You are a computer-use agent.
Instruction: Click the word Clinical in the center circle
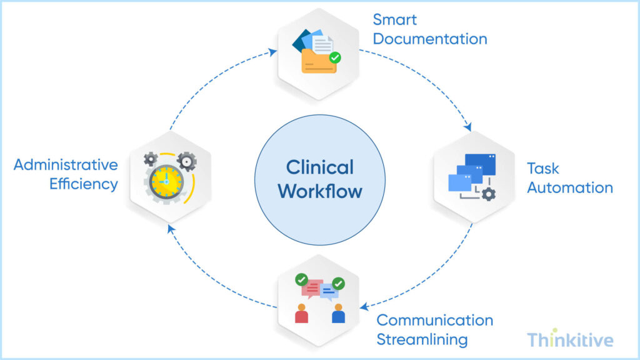point(320,167)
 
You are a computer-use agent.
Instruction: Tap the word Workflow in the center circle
point(320,191)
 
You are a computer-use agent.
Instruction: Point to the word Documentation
point(430,39)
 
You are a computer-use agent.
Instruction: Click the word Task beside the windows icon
point(543,168)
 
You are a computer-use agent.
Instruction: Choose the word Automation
point(569,187)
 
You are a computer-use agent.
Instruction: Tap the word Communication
point(434,320)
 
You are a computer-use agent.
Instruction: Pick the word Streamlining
point(422,340)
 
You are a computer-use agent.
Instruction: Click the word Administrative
point(66,165)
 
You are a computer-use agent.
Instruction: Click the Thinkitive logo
point(569,339)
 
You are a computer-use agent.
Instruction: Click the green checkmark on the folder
point(336,57)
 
